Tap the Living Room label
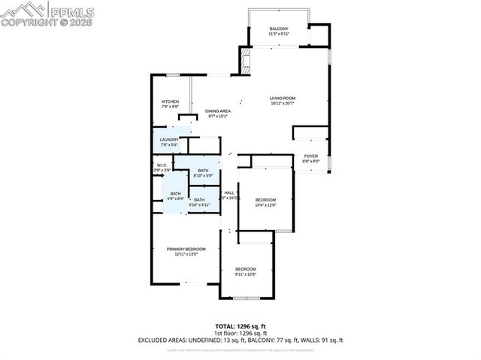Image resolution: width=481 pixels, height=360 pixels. pyautogui.click(x=284, y=98)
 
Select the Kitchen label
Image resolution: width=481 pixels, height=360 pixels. pyautogui.click(x=170, y=101)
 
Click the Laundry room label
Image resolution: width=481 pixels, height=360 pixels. pyautogui.click(x=169, y=139)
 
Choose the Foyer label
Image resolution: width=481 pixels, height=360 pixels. pyautogui.click(x=310, y=156)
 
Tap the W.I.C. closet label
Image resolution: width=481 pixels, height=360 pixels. pyautogui.click(x=162, y=165)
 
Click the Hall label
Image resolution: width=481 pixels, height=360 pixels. pyautogui.click(x=229, y=192)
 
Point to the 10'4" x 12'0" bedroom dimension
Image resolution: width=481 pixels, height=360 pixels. pyautogui.click(x=266, y=205)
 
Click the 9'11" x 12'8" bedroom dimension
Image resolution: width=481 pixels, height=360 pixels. pyautogui.click(x=246, y=274)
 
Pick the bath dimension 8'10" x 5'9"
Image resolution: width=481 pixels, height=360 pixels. pyautogui.click(x=203, y=176)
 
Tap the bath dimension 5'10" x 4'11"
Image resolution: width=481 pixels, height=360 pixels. pyautogui.click(x=199, y=204)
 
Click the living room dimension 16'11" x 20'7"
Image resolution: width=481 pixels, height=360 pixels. pyautogui.click(x=284, y=104)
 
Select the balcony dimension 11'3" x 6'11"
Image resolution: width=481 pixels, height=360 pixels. pyautogui.click(x=279, y=35)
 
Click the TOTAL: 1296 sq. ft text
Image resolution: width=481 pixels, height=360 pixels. pyautogui.click(x=240, y=325)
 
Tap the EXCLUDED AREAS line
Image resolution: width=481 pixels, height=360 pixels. pyautogui.click(x=240, y=340)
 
